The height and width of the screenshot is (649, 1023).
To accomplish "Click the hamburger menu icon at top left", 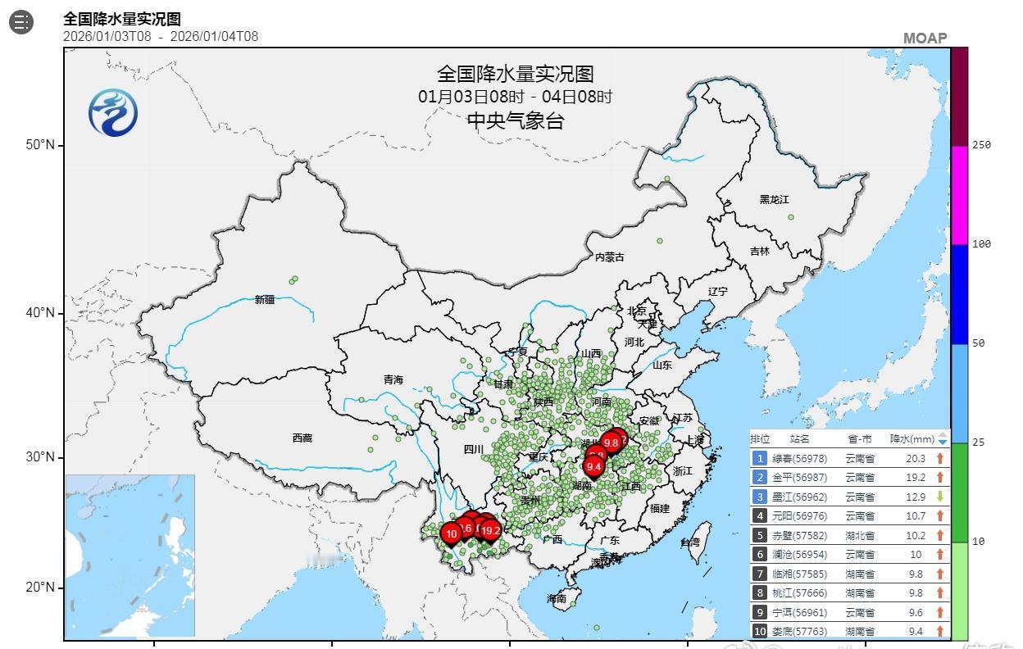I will [x=21, y=22].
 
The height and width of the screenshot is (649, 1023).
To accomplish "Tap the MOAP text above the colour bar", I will [x=925, y=39].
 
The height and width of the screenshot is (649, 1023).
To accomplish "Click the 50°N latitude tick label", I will [x=39, y=145].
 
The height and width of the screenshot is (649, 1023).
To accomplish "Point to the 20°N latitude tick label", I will [x=39, y=588].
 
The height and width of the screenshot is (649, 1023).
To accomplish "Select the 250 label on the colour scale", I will [x=981, y=145].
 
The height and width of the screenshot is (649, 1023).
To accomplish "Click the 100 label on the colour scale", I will [x=981, y=244].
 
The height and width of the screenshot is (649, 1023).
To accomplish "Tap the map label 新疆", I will [x=265, y=300].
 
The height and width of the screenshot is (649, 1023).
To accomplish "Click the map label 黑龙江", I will [x=774, y=200].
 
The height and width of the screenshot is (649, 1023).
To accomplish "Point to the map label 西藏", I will [x=302, y=438].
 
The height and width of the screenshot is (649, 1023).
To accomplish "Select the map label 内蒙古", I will [x=609, y=257].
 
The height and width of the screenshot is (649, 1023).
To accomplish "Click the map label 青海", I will [x=393, y=380].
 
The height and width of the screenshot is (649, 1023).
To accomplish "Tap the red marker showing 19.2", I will [x=490, y=530].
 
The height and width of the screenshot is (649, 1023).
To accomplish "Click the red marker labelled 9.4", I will [x=594, y=466].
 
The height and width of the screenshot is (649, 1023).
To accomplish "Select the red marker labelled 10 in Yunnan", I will [x=451, y=533].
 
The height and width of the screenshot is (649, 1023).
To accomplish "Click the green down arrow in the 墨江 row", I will [x=940, y=497].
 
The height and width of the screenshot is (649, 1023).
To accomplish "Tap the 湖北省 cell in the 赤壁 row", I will [x=860, y=535].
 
